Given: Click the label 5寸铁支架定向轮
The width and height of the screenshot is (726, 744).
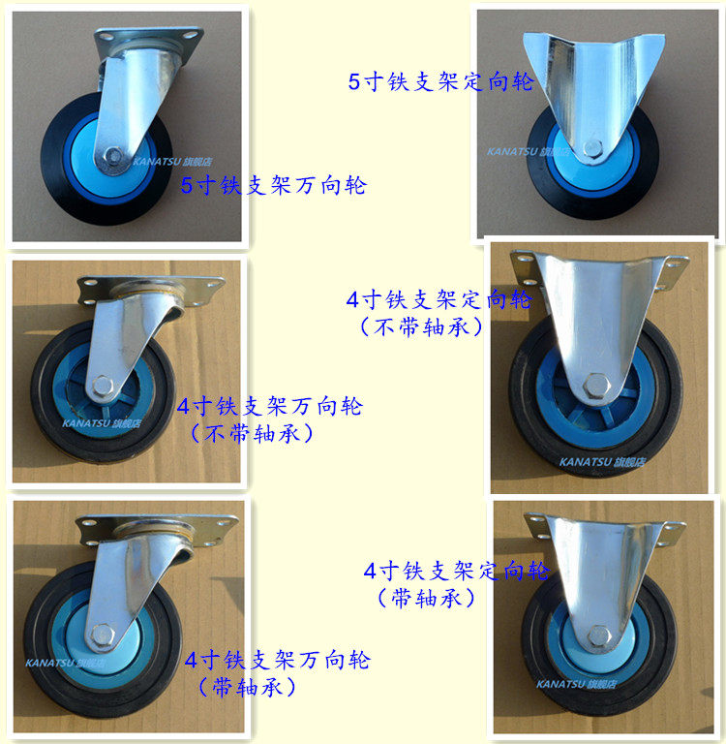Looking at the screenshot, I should coord(440,81).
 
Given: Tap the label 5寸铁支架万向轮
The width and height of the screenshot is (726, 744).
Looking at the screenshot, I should coord(274,185).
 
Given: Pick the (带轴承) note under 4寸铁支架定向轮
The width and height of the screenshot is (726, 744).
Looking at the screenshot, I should coord(427,599).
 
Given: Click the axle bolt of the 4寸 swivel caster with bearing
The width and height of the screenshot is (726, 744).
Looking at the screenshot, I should coord(100,636).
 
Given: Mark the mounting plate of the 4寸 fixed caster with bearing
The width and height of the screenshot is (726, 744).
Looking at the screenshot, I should coord(604,527).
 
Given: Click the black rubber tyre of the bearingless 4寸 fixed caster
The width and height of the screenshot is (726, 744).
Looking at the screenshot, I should coord(528,426).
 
